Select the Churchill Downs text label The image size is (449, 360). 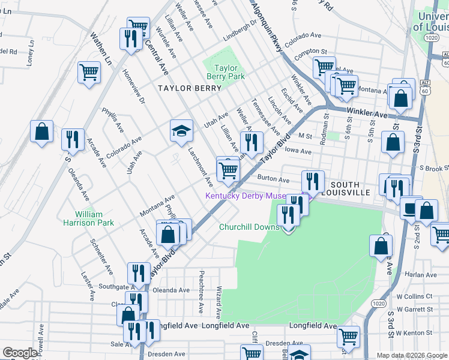pos(249,227)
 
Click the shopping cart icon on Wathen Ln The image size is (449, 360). pos(89,73)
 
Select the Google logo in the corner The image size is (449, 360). pos(20,353)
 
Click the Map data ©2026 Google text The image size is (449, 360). pos(411,355)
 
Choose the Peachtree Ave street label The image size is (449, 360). pos(201,292)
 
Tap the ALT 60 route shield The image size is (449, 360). pos(425,86)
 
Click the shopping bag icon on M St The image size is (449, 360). pos(392,142)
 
